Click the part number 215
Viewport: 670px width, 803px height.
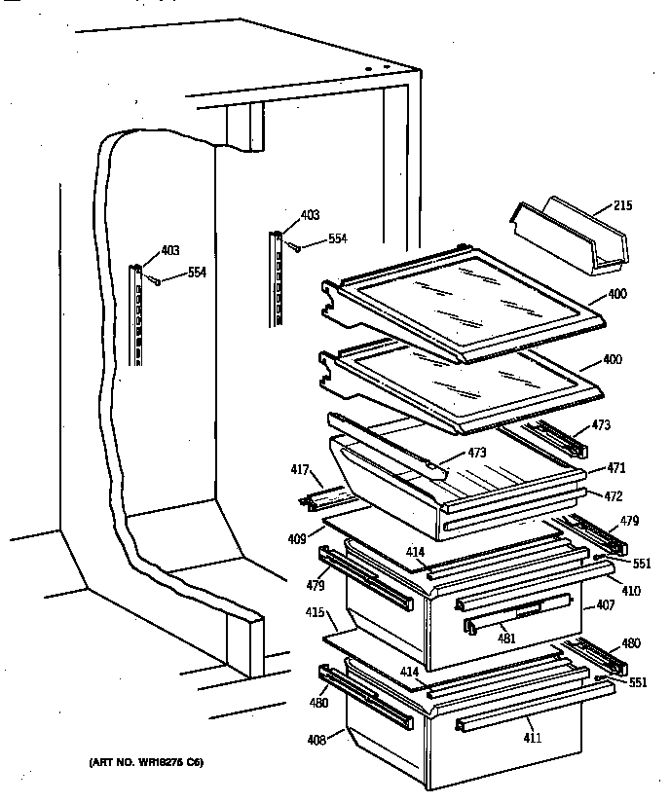[x=623, y=205]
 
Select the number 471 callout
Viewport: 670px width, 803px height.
[x=615, y=467]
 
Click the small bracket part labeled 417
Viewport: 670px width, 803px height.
[x=325, y=498]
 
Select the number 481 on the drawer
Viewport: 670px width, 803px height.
[x=505, y=639]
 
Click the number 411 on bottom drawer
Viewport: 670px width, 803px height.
[x=531, y=739]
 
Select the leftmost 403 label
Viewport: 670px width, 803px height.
[x=170, y=250]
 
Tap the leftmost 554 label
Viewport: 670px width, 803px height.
[x=197, y=273]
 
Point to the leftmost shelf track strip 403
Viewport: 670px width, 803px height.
[x=138, y=313]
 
